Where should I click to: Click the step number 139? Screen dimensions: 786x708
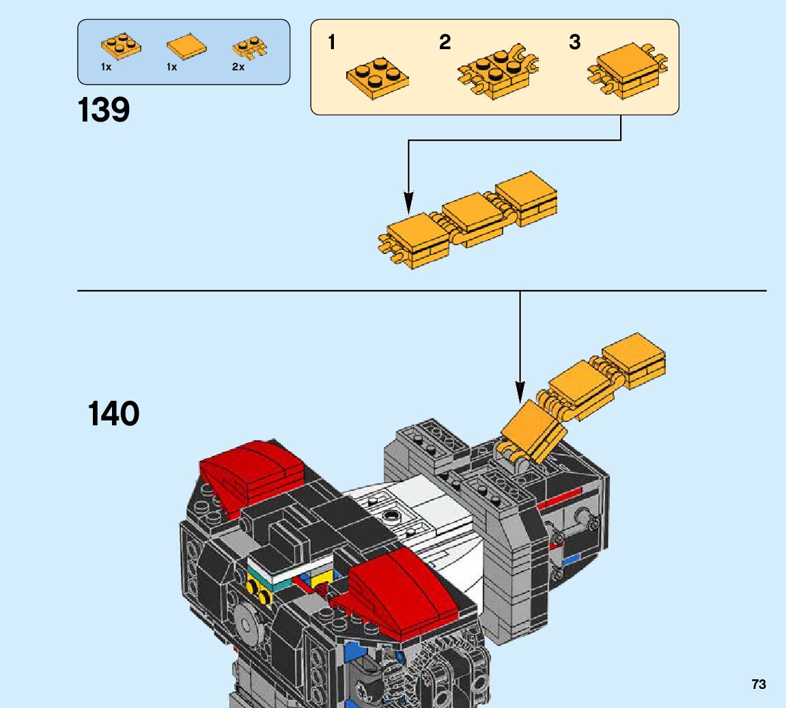104,110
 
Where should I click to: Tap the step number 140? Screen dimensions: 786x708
113,413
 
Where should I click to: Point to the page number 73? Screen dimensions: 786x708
759,684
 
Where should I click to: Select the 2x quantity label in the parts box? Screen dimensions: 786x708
238,67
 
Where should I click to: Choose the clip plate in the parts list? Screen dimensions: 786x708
250,48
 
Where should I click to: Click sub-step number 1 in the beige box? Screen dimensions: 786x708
331,42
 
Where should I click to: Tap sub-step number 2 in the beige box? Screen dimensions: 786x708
445,42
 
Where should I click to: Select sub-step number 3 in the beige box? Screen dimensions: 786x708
574,42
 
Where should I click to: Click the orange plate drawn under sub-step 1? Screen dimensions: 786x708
378,78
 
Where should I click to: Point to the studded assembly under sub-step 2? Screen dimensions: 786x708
497,72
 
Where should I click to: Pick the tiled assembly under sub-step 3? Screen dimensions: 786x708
627,70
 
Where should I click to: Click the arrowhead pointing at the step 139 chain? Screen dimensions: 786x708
408,202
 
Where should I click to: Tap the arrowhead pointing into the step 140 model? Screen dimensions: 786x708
520,391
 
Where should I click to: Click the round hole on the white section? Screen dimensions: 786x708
390,515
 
